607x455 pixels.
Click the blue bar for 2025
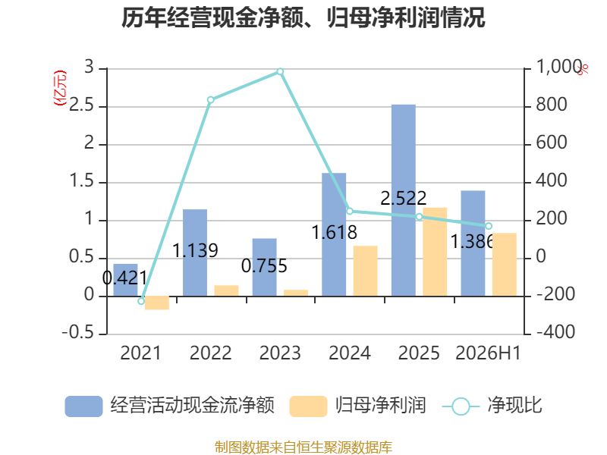point(404,200)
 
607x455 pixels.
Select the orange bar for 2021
point(157,303)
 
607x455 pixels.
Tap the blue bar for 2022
point(195,253)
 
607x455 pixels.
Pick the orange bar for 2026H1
point(505,265)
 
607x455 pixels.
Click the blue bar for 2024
point(334,235)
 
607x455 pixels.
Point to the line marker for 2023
point(280,71)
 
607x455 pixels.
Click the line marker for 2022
point(211,100)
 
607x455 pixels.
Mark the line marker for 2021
point(141,301)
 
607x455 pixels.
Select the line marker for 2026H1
point(489,226)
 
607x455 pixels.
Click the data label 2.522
point(404,199)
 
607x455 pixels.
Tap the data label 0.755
point(264,266)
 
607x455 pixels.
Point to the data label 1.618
point(334,233)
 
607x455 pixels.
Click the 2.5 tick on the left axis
point(81,105)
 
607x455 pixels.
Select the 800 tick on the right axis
point(552,105)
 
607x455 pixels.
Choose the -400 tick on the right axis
point(555,331)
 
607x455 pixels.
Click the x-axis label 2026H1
point(488,353)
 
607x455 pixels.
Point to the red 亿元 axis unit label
point(60,88)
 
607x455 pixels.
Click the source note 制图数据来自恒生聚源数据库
point(303,447)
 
